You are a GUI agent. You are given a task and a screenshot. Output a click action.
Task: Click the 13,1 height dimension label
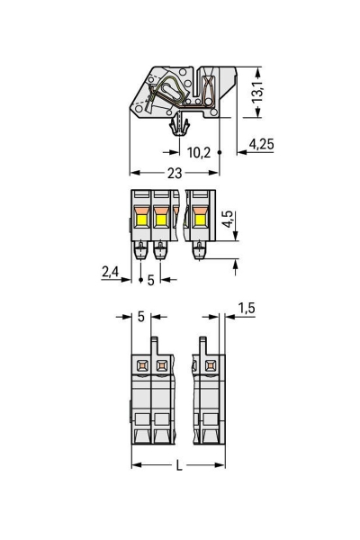tap(257, 92)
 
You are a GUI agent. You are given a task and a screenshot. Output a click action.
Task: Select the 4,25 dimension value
tap(261, 144)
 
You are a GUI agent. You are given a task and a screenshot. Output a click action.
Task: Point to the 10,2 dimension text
tap(199, 152)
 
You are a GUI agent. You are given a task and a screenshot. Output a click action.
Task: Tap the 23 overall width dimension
tap(175, 173)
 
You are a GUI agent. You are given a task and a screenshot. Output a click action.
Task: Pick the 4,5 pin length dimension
tap(228, 219)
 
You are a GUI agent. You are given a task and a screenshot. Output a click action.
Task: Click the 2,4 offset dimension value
tap(110, 272)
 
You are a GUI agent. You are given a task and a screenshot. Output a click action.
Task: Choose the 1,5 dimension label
tap(247, 308)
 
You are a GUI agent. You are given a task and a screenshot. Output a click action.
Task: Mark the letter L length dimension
tap(179, 465)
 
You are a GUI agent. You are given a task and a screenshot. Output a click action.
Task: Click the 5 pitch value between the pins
tap(150, 280)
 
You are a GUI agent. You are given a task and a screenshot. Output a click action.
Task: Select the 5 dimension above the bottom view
tap(141, 317)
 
